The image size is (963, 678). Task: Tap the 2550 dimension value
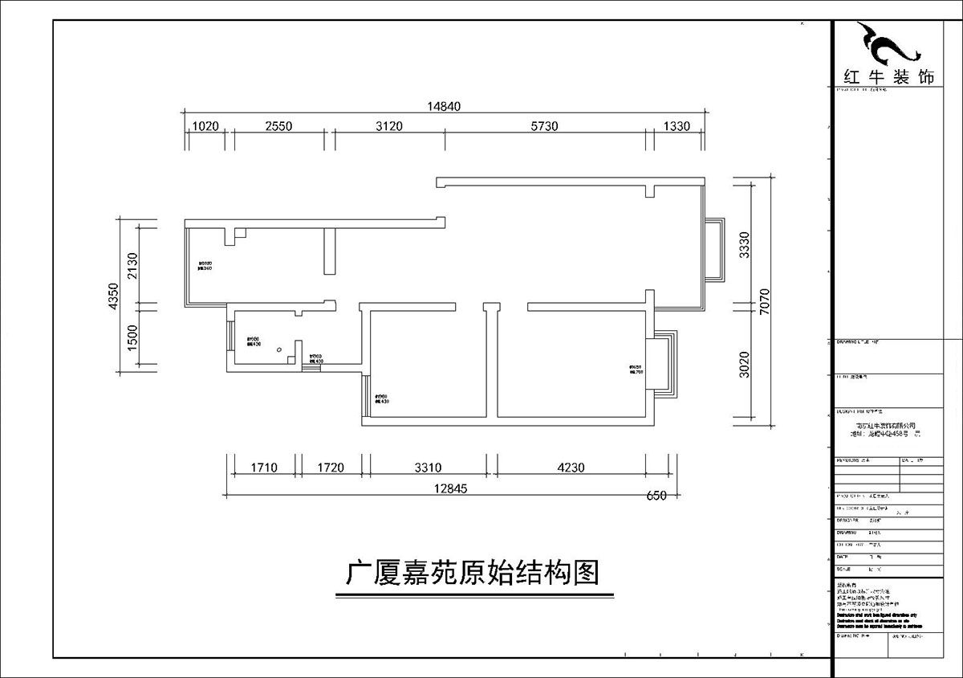tap(279, 125)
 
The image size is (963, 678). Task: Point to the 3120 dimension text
tap(388, 125)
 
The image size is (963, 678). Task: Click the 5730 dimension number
tap(544, 125)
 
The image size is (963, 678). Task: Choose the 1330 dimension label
tap(677, 125)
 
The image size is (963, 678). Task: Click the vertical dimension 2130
tap(133, 265)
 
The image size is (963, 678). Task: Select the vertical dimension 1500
tap(133, 337)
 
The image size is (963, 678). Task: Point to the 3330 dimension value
tap(744, 244)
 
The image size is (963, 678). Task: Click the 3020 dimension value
tap(744, 364)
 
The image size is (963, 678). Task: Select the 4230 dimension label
tap(571, 467)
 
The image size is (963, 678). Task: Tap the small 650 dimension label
tap(656, 496)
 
